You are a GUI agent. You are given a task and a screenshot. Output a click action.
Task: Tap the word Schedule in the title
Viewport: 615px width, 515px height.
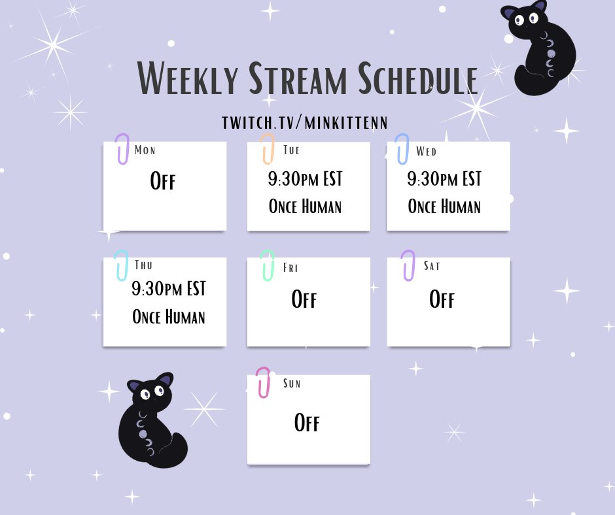[417, 80]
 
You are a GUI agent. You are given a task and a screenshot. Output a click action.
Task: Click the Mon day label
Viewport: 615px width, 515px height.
[145, 150]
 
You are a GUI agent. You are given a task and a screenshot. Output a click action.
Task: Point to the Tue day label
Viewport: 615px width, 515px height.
[292, 150]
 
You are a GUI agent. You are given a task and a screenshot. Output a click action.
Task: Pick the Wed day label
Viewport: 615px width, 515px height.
[426, 152]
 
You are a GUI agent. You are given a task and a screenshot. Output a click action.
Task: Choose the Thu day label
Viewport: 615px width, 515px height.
[143, 265]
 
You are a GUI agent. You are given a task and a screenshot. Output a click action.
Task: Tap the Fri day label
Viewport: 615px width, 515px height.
[290, 267]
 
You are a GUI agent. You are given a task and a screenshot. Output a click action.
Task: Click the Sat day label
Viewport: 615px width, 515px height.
[432, 265]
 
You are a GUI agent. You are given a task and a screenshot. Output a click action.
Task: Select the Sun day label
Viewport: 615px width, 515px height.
[292, 383]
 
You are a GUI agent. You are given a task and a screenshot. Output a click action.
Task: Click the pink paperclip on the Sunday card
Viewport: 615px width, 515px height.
[263, 382]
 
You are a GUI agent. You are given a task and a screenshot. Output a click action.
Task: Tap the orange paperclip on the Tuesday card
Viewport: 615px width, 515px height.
[267, 149]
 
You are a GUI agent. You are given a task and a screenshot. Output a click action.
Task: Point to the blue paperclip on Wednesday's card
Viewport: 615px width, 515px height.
[402, 148]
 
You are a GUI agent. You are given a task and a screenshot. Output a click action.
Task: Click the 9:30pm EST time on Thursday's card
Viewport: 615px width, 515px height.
[168, 288]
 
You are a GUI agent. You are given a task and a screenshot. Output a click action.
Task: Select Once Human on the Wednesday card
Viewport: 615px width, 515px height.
[444, 207]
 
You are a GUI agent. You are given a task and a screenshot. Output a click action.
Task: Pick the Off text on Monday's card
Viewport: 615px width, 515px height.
[163, 180]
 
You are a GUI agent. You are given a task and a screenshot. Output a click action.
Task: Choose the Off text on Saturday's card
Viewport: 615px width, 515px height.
[442, 299]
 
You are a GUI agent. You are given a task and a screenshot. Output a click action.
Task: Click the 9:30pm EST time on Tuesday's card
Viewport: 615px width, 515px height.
[305, 178]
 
